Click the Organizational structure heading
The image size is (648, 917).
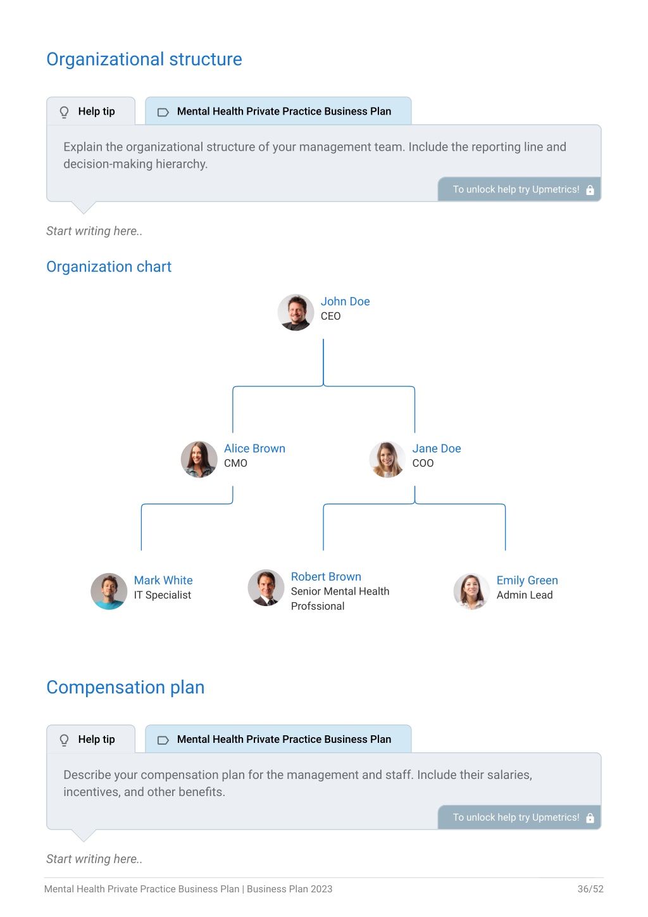click(x=144, y=60)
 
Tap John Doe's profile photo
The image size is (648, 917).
click(x=296, y=312)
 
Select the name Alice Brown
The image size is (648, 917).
click(x=254, y=448)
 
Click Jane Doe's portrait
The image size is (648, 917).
click(x=387, y=459)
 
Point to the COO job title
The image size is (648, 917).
click(x=423, y=463)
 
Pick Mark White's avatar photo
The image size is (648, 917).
click(x=109, y=591)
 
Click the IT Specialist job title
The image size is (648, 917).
click(x=163, y=595)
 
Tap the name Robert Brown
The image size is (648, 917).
click(x=326, y=576)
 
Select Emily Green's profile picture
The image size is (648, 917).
click(x=471, y=591)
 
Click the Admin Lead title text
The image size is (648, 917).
click(x=525, y=595)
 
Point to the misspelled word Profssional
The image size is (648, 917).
click(x=318, y=606)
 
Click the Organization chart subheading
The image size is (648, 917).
click(x=109, y=267)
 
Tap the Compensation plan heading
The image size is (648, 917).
click(x=125, y=687)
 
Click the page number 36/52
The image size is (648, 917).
click(x=590, y=889)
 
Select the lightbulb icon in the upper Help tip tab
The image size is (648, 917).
click(x=64, y=111)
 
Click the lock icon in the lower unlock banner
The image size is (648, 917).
click(x=590, y=818)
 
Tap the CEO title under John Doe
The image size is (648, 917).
click(x=330, y=316)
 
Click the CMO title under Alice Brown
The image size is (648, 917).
click(x=235, y=463)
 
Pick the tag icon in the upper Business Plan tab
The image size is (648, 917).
click(x=163, y=112)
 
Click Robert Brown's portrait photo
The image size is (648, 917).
click(x=266, y=588)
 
